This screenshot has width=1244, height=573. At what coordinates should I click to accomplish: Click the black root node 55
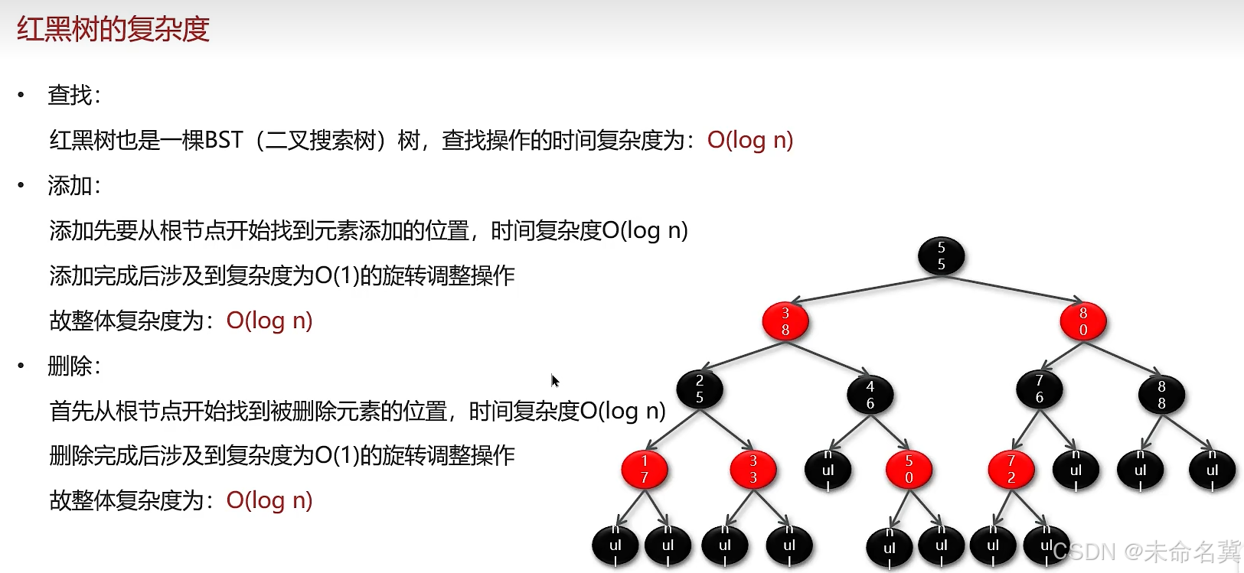[941, 256]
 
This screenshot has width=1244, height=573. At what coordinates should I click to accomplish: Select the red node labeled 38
[785, 321]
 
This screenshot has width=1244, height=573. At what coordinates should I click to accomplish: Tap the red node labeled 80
[1082, 321]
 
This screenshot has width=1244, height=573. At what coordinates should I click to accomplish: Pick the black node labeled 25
[699, 389]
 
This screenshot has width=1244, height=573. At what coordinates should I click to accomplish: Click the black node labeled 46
[870, 395]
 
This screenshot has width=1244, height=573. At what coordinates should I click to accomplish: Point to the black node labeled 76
[1039, 389]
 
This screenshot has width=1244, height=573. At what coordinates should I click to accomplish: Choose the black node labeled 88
[1161, 395]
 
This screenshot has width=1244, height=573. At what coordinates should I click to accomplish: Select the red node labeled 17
[644, 469]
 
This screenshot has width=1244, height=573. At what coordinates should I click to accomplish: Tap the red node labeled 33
[753, 469]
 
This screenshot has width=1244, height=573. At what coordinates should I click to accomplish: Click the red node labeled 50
[909, 469]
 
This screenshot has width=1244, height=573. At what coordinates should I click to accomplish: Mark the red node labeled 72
[1011, 469]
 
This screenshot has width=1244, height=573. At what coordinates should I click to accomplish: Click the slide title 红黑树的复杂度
[113, 29]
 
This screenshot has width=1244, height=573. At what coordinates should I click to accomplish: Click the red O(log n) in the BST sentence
[749, 140]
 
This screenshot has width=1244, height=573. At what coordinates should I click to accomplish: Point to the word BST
[224, 140]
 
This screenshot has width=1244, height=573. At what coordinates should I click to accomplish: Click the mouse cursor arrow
[554, 380]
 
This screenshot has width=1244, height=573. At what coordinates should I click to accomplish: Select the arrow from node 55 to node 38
[865, 288]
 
